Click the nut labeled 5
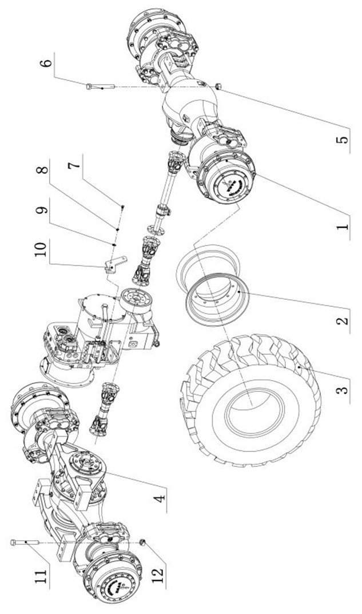coord(220,86)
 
